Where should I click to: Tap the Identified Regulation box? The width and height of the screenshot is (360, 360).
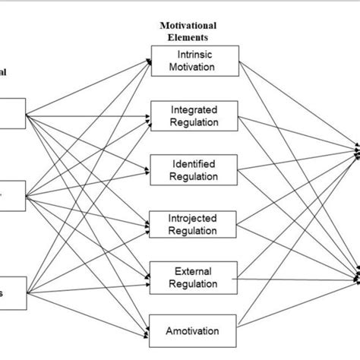195,170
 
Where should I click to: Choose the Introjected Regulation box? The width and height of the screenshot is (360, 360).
195,224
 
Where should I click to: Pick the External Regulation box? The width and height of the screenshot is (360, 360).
195,277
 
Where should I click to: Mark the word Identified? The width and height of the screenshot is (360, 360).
195,164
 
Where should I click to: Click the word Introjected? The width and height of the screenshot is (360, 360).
195,218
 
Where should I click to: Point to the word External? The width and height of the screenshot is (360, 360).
195,271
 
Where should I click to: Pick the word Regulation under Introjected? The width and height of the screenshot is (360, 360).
195,231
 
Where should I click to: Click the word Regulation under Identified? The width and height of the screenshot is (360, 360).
195,177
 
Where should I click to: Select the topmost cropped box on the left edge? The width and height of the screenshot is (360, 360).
12,115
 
